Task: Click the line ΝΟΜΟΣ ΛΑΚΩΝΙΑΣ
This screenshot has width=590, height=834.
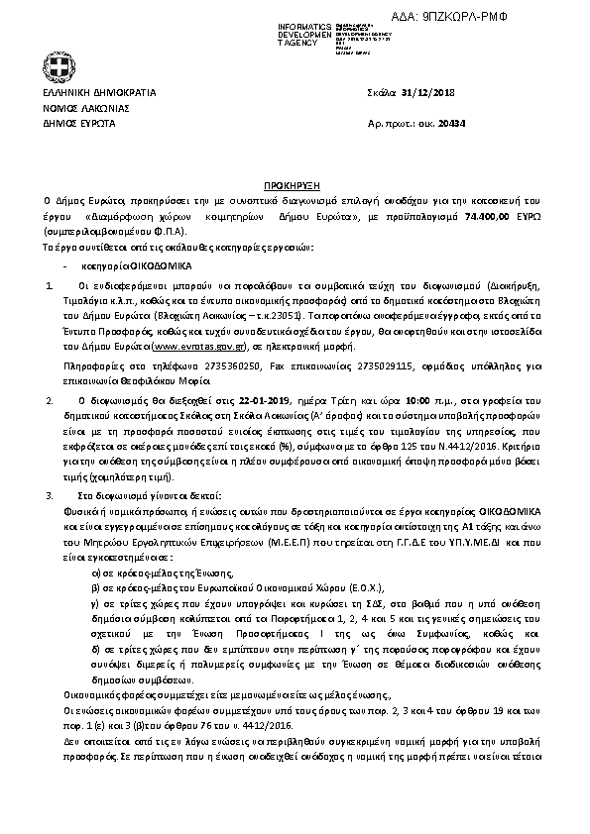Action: pyautogui.click(x=86, y=108)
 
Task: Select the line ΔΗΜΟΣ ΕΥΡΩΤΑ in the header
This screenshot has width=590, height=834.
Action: pyautogui.click(x=79, y=124)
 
